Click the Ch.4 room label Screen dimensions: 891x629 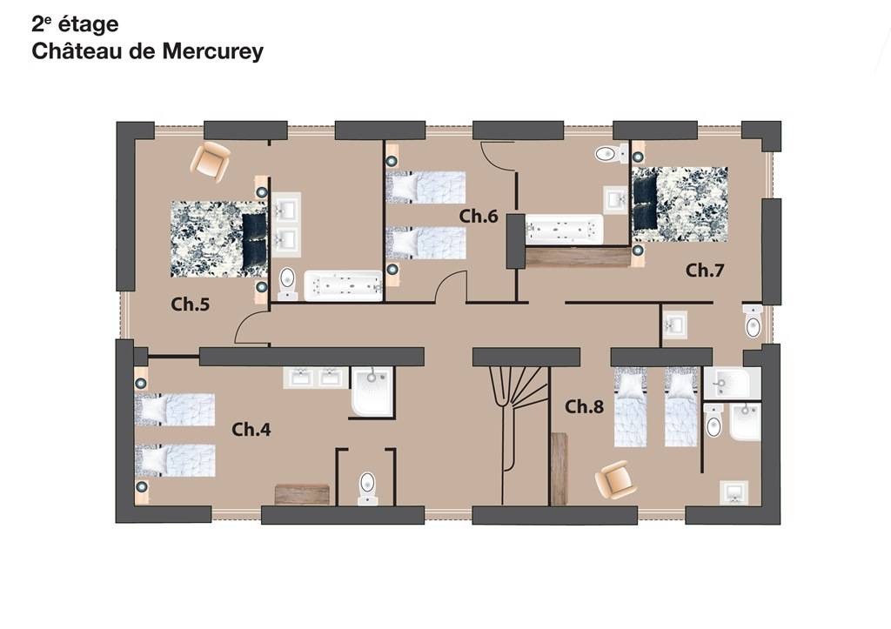pyautogui.click(x=251, y=430)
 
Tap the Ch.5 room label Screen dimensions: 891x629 pyautogui.click(x=191, y=304)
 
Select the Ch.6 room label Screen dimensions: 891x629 pyautogui.click(x=479, y=216)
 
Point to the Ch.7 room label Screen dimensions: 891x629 pyautogui.click(x=705, y=271)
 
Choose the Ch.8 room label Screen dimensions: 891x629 pyautogui.click(x=584, y=407)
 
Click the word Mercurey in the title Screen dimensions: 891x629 pyautogui.click(x=213, y=51)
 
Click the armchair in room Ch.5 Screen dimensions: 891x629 pyautogui.click(x=211, y=161)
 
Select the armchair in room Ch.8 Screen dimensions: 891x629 pyautogui.click(x=615, y=480)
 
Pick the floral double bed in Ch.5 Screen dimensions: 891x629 pyautogui.click(x=218, y=239)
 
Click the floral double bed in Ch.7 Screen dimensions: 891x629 pyautogui.click(x=680, y=204)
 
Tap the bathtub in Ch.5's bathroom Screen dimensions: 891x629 pyautogui.click(x=343, y=286)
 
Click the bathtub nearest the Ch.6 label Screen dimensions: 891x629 pyautogui.click(x=564, y=230)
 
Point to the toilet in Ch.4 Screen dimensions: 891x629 pyautogui.click(x=368, y=488)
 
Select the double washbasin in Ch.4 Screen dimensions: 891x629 pyautogui.click(x=315, y=378)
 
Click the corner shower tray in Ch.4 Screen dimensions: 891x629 pyautogui.click(x=372, y=391)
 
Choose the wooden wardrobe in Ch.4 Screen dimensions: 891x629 pyautogui.click(x=302, y=494)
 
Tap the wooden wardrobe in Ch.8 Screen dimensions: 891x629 pyautogui.click(x=559, y=469)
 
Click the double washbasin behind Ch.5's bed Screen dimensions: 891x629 pyautogui.click(x=286, y=222)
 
